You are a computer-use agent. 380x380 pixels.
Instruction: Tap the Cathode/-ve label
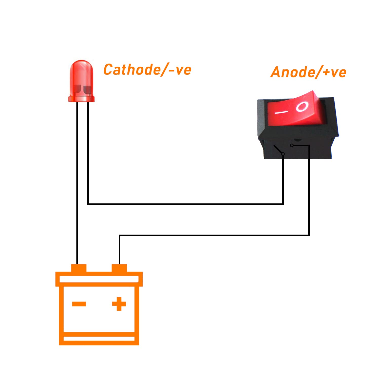coord(147,70)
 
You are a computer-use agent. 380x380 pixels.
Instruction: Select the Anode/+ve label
coord(308,72)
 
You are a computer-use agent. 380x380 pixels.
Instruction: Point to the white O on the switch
coord(302,107)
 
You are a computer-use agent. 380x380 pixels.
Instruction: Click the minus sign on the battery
coord(79,304)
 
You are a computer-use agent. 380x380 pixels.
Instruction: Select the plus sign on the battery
coord(119,304)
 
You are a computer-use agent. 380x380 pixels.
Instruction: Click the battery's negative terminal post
coord(79,268)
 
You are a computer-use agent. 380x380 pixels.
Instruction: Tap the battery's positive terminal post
coord(119,268)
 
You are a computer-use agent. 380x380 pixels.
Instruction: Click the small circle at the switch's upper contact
coord(292,145)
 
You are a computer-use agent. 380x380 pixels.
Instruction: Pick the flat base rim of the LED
coord(81,99)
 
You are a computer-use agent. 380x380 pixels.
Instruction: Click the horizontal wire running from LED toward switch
coord(185,204)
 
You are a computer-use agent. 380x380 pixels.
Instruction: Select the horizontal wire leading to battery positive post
coord(214,235)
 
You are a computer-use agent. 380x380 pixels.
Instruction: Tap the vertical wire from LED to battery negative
coord(77,183)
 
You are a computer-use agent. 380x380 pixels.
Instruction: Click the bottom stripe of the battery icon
coord(99,339)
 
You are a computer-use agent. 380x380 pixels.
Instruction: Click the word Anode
coord(293,72)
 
